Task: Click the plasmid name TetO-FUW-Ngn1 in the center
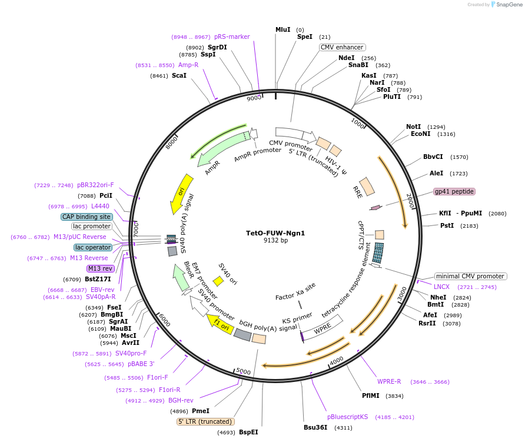[275, 232]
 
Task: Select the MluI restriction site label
[283, 29]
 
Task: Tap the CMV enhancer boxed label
[342, 47]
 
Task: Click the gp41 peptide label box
[454, 191]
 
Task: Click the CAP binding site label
[87, 217]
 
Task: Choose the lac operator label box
[92, 247]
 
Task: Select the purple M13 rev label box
[100, 268]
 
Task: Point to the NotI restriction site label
[414, 127]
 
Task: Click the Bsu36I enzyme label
[315, 427]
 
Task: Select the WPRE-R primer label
[389, 381]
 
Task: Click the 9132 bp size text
[275, 241]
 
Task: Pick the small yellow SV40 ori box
[218, 281]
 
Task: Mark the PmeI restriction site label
[201, 411]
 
